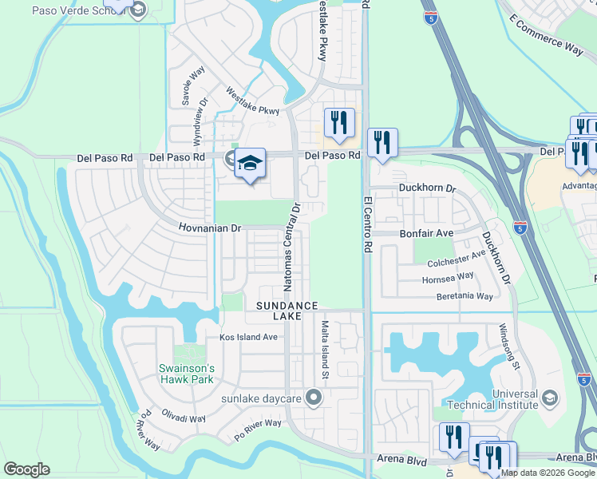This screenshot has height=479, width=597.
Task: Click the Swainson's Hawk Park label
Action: coord(185,374)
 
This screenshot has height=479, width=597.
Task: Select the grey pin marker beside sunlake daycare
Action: coord(314,397)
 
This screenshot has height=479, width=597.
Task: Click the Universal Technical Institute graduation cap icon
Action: coord(549,398)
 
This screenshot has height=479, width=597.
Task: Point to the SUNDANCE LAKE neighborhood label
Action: coord(287,311)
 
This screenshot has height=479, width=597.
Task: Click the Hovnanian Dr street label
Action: coord(209,228)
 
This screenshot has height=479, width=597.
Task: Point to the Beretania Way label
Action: coord(465,296)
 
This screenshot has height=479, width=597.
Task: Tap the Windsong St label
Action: coord(509,346)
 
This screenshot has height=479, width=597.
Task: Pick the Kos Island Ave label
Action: coord(248,338)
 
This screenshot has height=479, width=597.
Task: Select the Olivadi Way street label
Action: coord(184,418)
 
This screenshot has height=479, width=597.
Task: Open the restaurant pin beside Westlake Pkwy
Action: coord(339,123)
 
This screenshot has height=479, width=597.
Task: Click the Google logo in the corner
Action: coord(26,469)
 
